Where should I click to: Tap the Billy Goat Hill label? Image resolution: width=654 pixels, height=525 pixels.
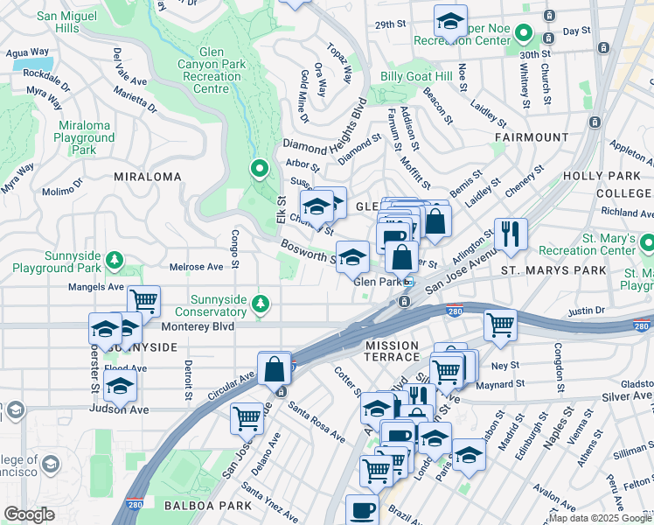point(415,76)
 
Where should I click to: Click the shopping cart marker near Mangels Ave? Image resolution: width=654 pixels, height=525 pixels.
point(143,301)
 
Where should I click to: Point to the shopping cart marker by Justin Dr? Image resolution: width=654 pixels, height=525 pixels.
point(499,325)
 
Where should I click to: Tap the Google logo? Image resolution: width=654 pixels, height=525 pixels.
point(29,514)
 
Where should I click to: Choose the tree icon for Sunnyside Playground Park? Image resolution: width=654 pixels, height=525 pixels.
point(114,259)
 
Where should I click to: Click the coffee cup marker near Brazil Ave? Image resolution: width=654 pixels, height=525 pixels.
point(361,510)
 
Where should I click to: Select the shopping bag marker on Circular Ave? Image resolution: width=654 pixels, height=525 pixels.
point(275,367)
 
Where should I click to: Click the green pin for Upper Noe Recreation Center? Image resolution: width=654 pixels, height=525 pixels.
point(524,35)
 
